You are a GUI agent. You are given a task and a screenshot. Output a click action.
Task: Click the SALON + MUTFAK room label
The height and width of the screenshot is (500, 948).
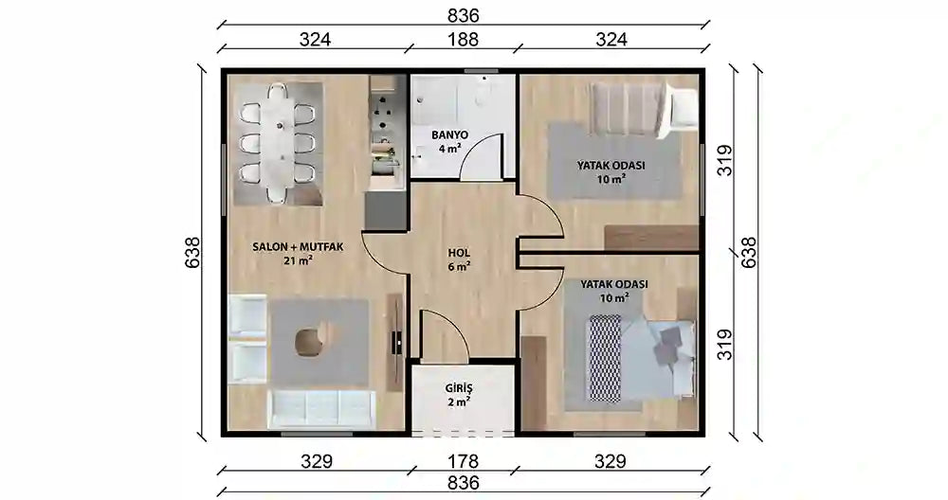(297, 247)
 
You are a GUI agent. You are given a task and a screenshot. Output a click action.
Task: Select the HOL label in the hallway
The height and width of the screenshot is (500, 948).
(459, 253)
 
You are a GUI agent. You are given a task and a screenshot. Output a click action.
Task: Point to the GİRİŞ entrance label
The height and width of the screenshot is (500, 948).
(459, 388)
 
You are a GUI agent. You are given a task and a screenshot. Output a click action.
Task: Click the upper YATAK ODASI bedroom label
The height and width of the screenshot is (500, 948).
(611, 165)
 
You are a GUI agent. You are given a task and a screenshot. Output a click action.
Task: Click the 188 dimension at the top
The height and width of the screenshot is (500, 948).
(459, 40)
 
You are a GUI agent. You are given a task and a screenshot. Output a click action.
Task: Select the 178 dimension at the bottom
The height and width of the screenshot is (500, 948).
(459, 461)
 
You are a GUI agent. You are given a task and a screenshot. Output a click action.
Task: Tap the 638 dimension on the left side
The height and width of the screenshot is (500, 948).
(192, 253)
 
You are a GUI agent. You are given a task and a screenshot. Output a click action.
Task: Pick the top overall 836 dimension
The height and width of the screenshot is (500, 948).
(464, 16)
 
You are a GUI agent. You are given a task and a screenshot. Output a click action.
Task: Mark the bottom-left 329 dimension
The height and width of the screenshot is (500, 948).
(317, 461)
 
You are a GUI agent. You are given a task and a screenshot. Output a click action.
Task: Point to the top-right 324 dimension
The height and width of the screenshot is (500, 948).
(611, 40)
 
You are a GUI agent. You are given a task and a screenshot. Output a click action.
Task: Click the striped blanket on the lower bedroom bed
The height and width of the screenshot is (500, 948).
(605, 355)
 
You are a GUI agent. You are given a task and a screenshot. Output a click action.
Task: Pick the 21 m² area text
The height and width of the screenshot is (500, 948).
(297, 261)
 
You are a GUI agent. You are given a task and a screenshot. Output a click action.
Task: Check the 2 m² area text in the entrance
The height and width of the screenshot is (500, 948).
(459, 402)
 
